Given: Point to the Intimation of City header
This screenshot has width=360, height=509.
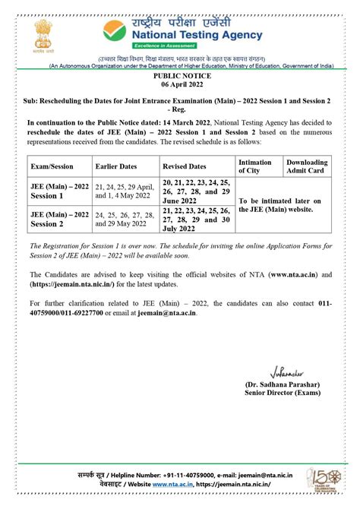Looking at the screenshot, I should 256,166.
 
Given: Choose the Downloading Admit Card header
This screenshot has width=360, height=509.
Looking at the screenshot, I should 308,166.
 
